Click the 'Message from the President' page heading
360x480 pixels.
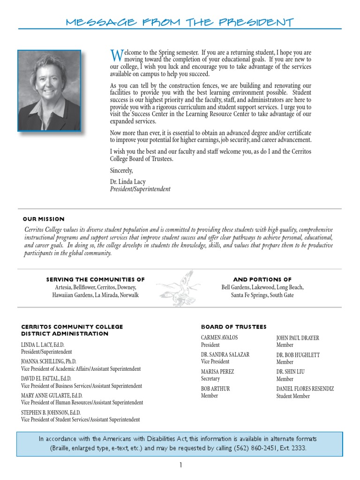[x=180, y=22]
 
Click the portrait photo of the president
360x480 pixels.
[x=49, y=90]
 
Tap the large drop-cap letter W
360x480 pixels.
[x=116, y=56]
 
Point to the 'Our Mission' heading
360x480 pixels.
[x=44, y=219]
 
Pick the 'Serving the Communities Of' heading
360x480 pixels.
[x=95, y=279]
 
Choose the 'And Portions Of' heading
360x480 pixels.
[x=262, y=279]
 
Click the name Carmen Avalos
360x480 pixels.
[x=219, y=337]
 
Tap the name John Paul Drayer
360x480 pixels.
[x=298, y=338]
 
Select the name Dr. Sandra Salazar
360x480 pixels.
[x=225, y=354]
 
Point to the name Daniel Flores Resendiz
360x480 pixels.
[x=305, y=389]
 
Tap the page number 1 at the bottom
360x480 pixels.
[x=180, y=465]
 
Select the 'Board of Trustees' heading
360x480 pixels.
[x=233, y=327]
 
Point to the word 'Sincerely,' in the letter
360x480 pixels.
[x=121, y=170]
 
